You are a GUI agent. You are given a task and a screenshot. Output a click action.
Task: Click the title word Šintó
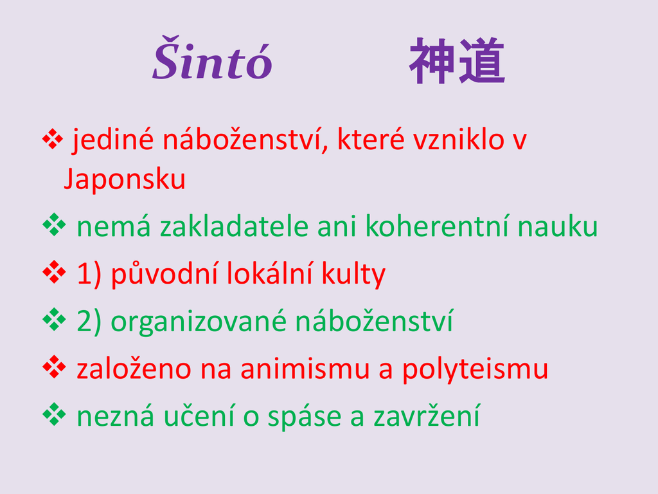click(x=212, y=59)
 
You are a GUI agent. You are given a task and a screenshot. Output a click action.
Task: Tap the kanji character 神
click(x=432, y=60)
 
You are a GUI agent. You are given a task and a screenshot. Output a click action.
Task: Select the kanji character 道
click(x=482, y=60)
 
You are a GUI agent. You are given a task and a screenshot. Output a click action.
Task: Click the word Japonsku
click(x=124, y=179)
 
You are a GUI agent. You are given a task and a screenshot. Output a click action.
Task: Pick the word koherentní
click(x=438, y=226)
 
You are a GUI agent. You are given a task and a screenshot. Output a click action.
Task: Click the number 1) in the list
click(x=89, y=274)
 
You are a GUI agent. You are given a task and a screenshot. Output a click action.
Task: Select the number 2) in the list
click(x=89, y=322)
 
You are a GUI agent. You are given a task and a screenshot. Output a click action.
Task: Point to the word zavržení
click(x=427, y=417)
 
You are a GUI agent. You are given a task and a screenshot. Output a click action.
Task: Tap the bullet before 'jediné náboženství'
click(x=53, y=140)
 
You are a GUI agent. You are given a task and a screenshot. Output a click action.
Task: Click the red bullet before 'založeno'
click(x=54, y=367)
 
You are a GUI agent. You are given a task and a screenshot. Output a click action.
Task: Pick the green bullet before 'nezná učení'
click(x=54, y=415)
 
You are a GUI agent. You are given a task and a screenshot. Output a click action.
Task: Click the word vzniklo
click(x=459, y=140)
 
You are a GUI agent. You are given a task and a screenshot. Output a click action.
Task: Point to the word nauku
click(x=558, y=226)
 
